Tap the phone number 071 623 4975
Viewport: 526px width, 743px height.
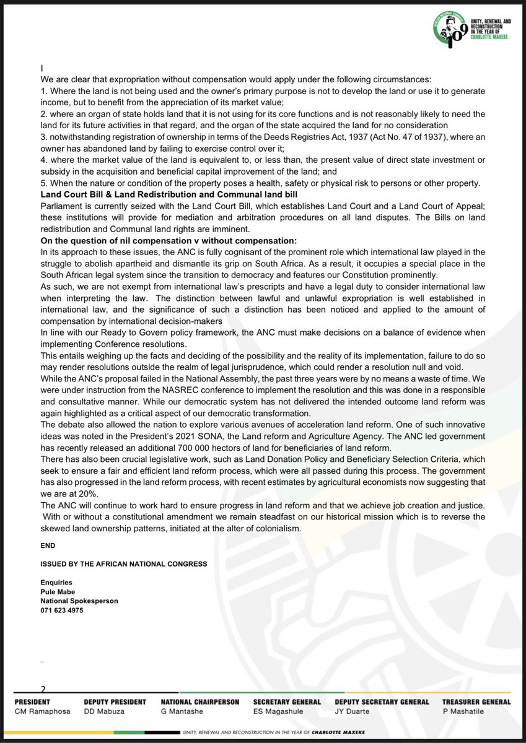point(62,610)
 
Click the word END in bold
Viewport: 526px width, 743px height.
point(48,545)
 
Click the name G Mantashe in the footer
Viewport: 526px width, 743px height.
point(182,711)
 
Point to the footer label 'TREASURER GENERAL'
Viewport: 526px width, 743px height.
point(476,702)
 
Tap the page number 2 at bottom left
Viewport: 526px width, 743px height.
point(43,688)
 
